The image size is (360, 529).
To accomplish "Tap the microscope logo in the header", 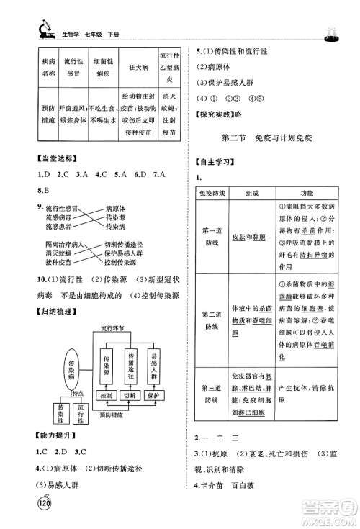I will click(35, 30).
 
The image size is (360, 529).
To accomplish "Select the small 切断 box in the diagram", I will click(130, 396).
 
